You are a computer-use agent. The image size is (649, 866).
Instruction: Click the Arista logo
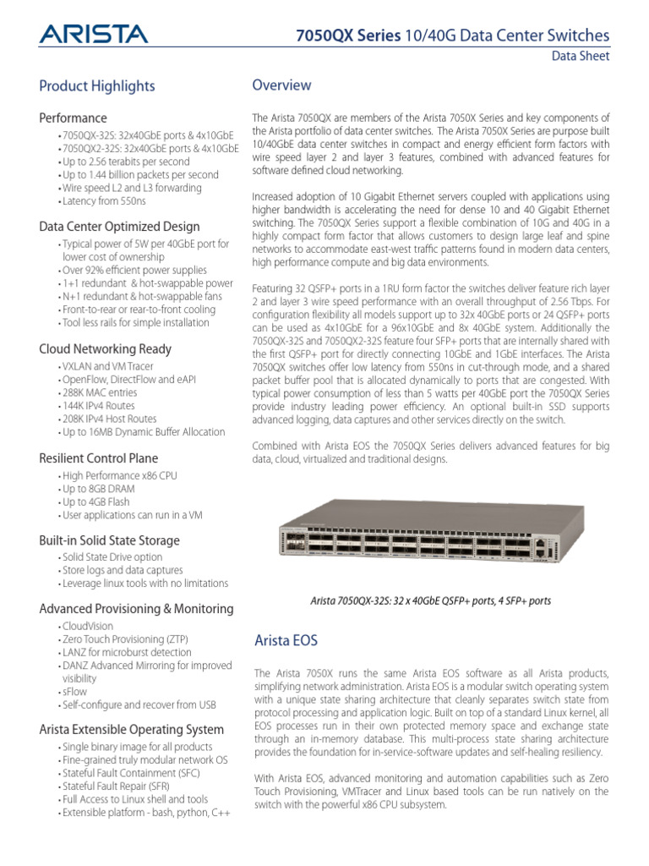tap(93, 34)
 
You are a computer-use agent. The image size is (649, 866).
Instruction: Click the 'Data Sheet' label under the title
tap(581, 57)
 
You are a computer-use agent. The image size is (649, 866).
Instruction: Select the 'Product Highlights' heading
tap(97, 85)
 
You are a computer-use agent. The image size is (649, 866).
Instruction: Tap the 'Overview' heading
tap(282, 85)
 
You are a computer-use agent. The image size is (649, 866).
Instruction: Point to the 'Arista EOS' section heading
tap(286, 640)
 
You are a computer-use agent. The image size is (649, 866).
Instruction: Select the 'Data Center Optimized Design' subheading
tap(120, 226)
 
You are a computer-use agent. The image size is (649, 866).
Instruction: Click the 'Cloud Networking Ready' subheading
tap(106, 348)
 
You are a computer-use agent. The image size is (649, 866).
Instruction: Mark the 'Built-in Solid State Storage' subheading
tap(110, 540)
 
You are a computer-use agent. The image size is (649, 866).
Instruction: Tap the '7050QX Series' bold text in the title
tap(343, 36)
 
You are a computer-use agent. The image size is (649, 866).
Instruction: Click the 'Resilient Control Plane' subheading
tap(99, 458)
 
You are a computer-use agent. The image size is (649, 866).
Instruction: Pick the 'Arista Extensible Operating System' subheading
tap(132, 729)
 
